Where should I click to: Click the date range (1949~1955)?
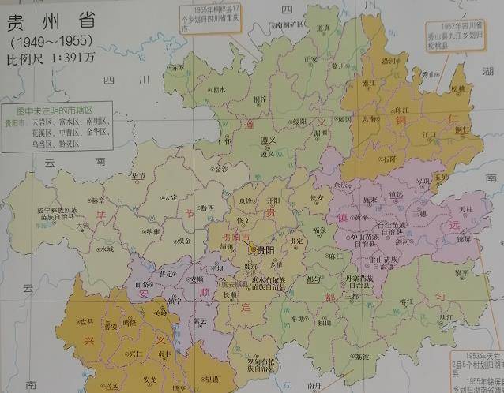[x=50, y=39]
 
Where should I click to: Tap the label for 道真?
[x=323, y=28]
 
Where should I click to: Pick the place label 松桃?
[x=459, y=88]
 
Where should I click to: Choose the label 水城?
[x=107, y=249]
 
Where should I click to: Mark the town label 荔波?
[x=362, y=357]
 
